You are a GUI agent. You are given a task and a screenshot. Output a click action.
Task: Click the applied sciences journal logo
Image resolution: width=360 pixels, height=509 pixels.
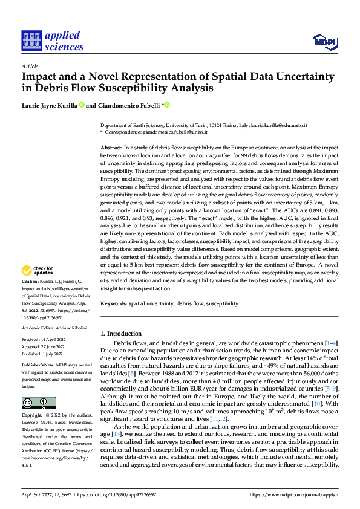pyautogui.click(x=52, y=40)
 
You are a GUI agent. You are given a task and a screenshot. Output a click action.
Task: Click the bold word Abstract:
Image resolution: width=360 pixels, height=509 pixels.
pyautogui.click(x=111, y=148)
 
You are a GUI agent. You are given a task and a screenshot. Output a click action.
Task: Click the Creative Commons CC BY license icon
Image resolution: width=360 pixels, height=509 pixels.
pyautogui.click(x=38, y=403)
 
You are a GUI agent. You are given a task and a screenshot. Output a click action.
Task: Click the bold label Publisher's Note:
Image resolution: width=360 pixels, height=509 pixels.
pyautogui.click(x=38, y=366)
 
